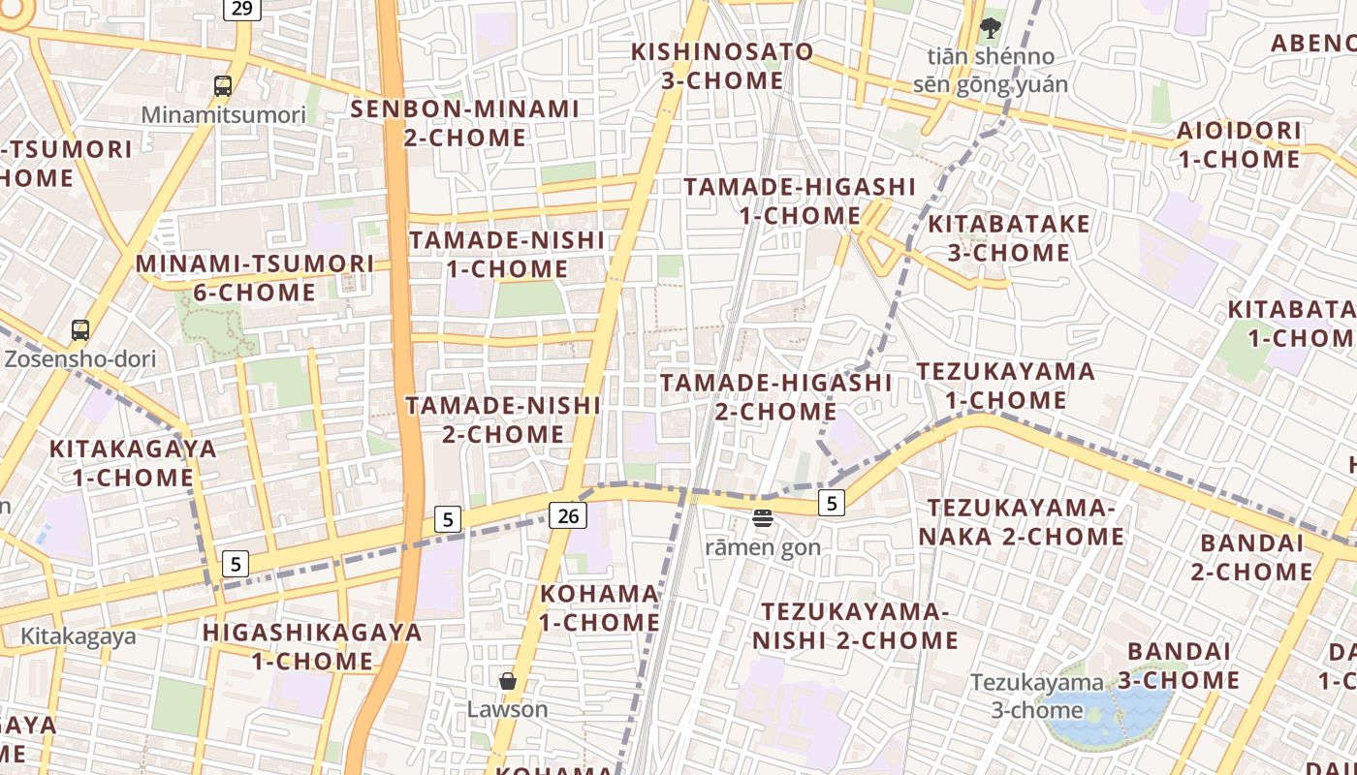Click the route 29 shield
pyautogui.click(x=241, y=8)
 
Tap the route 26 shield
pyautogui.click(x=568, y=515)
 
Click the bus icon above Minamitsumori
pyautogui.click(x=223, y=86)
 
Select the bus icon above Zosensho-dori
pyautogui.click(x=80, y=330)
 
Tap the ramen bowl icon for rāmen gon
pyautogui.click(x=763, y=518)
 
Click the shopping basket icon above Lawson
pyautogui.click(x=507, y=681)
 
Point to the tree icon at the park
pyautogui.click(x=990, y=27)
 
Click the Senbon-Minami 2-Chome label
pyautogui.click(x=465, y=123)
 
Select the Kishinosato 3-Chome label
pyautogui.click(x=722, y=66)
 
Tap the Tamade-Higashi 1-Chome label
pyautogui.click(x=800, y=201)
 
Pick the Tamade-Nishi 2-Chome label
pyautogui.click(x=503, y=419)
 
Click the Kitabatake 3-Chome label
pyautogui.click(x=998, y=238)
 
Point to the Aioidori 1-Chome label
pyautogui.click(x=1239, y=144)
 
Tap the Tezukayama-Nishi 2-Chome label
pyautogui.click(x=855, y=626)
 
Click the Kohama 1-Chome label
pyautogui.click(x=599, y=607)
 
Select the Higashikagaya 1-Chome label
pyautogui.click(x=312, y=647)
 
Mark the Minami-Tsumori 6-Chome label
pyautogui.click(x=255, y=278)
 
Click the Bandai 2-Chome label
pyautogui.click(x=1251, y=557)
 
